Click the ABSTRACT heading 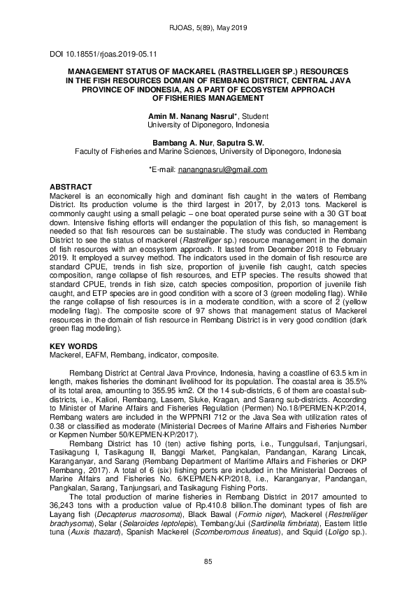coord(71,187)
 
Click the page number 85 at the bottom coord(208,562)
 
